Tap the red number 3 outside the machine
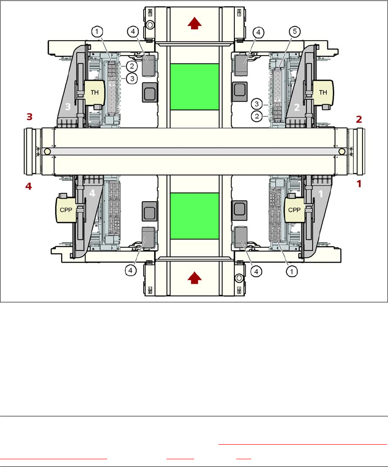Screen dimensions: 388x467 coord(29,117)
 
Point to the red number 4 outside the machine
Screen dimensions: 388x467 coord(29,187)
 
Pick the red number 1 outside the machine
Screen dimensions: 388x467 coord(359,185)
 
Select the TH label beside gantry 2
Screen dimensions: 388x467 coord(323,92)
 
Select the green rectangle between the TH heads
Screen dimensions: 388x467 coord(194,87)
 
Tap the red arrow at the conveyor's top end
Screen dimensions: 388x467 coord(194,24)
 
